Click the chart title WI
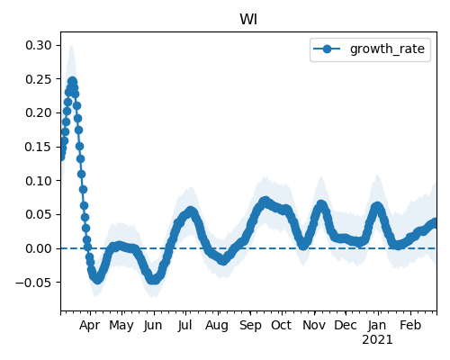pos(248,20)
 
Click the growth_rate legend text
pos(387,49)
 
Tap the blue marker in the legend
pos(327,49)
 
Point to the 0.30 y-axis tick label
pos(39,45)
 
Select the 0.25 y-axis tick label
pos(39,79)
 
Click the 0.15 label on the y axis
pos(39,147)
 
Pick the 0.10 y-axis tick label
pos(39,181)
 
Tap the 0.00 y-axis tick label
pos(39,248)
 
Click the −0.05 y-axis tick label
pos(34,283)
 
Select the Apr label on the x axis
pos(90,326)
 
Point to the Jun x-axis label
pos(153,326)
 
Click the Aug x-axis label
pos(217,326)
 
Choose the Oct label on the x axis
pos(281,325)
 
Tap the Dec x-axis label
pos(346,325)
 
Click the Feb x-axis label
pos(410,325)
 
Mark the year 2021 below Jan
pos(377,340)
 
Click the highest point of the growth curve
pos(72,81)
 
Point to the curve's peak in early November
pos(321,204)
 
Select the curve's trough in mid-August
pos(223,260)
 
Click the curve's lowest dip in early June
pos(153,280)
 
